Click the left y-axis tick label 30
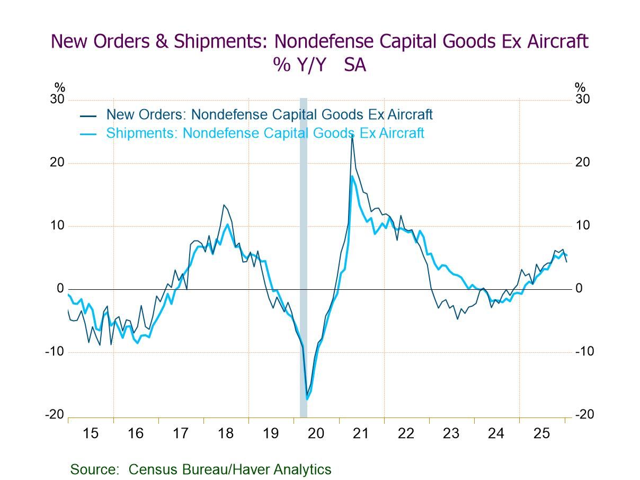57,100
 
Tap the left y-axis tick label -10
55,352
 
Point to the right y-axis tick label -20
584,415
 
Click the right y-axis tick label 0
579,289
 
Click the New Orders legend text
269,114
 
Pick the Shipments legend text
265,133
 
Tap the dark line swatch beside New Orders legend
88,115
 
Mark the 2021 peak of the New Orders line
352,136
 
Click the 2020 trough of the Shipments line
307,398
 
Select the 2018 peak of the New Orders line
224,205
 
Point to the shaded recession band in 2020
304,254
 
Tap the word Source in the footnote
94,469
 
